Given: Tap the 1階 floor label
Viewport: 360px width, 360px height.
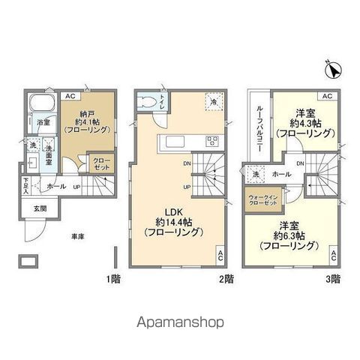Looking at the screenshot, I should pyautogui.click(x=113, y=279).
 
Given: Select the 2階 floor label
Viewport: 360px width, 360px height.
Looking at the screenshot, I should pyautogui.click(x=226, y=279).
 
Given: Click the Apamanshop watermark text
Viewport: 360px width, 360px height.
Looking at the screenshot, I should pyautogui.click(x=181, y=323).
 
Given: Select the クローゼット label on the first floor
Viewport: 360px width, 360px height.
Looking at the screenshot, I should pyautogui.click(x=100, y=163).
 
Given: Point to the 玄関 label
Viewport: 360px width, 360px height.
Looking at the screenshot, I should pyautogui.click(x=39, y=208).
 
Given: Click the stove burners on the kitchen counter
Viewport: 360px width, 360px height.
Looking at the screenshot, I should pyautogui.click(x=211, y=140).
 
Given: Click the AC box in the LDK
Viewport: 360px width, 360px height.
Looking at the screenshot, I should pyautogui.click(x=220, y=255).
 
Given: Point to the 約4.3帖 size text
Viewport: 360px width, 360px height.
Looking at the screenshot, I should pyautogui.click(x=304, y=124).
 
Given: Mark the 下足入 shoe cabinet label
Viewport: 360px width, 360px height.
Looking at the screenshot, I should pyautogui.click(x=25, y=184).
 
